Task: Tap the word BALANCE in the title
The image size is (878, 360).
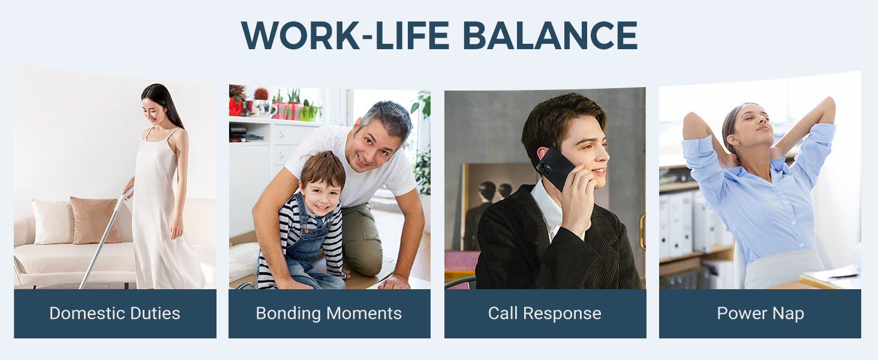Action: pyautogui.click(x=550, y=35)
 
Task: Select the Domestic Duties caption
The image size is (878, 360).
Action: pyautogui.click(x=115, y=313)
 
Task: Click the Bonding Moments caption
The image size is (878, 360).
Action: pyautogui.click(x=329, y=314)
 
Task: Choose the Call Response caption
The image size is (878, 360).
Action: pyautogui.click(x=545, y=314)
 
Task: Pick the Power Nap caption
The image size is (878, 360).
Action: pyautogui.click(x=760, y=314)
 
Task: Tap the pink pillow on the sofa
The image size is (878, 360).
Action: pyautogui.click(x=95, y=220)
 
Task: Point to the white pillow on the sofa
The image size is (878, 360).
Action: pyautogui.click(x=53, y=221)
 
